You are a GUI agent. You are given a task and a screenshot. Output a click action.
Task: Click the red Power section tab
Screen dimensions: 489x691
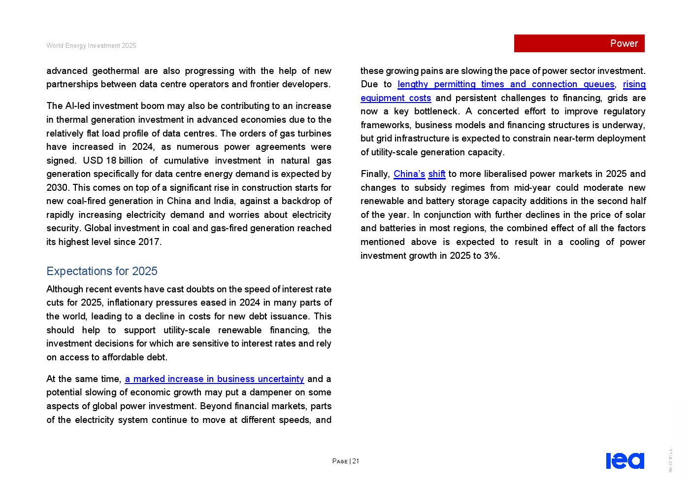click(x=579, y=43)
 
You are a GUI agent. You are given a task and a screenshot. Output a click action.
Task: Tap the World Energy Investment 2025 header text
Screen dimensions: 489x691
click(x=91, y=46)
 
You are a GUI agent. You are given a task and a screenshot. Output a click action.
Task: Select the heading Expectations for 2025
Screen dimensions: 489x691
click(x=102, y=271)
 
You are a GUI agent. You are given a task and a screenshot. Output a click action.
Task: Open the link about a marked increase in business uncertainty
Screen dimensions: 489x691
click(x=214, y=379)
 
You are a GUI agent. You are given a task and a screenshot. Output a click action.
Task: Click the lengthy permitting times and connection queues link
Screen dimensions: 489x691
click(x=506, y=84)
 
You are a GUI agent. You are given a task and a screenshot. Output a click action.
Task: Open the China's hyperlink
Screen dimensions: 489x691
click(x=409, y=174)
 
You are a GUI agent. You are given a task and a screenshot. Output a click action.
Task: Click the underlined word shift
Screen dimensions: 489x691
click(x=437, y=174)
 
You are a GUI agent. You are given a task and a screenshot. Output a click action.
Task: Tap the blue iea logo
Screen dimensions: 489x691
click(x=625, y=461)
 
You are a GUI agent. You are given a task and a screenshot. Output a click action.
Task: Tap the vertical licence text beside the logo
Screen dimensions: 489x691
click(x=670, y=460)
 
